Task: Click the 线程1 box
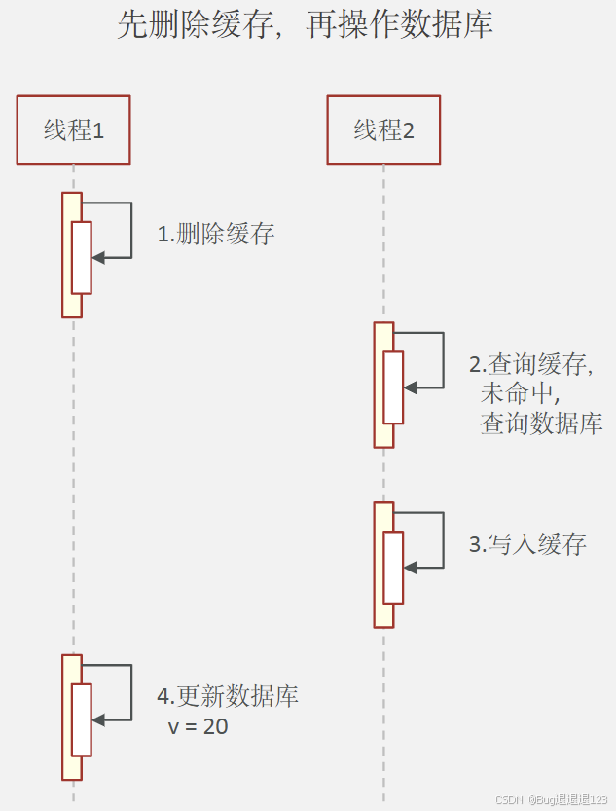73,129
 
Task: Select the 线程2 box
383,129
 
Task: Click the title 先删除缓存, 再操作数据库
305,25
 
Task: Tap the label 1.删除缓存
216,234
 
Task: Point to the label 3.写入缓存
527,544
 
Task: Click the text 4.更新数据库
228,696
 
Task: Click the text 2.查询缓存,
531,365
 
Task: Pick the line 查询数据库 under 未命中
541,424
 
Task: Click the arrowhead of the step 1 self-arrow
98,257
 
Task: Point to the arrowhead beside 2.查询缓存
410,387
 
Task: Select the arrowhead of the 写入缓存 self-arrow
410,567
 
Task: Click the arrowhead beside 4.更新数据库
98,719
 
